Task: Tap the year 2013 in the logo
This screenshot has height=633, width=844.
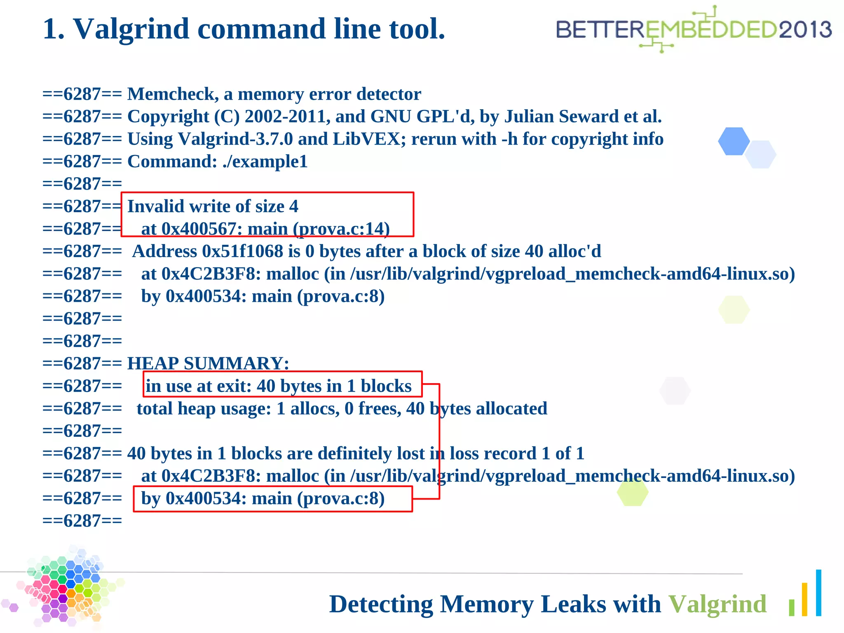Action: (x=804, y=30)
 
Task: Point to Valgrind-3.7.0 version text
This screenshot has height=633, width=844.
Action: (x=235, y=139)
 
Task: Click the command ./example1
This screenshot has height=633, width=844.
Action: (x=265, y=162)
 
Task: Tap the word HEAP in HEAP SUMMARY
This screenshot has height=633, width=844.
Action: (x=152, y=363)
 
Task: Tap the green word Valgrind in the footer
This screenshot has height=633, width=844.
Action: (x=717, y=604)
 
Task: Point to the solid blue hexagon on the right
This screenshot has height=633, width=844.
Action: (x=734, y=141)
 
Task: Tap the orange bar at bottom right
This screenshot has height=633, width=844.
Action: (x=804, y=599)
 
